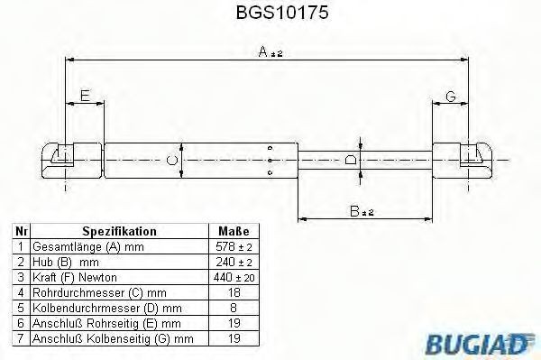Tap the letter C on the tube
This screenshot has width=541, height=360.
click(x=172, y=161)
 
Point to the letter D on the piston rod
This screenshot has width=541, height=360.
click(x=351, y=160)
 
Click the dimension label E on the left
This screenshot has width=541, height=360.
click(x=85, y=96)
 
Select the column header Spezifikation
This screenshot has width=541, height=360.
click(x=119, y=231)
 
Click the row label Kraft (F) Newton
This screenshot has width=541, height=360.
click(x=75, y=276)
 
